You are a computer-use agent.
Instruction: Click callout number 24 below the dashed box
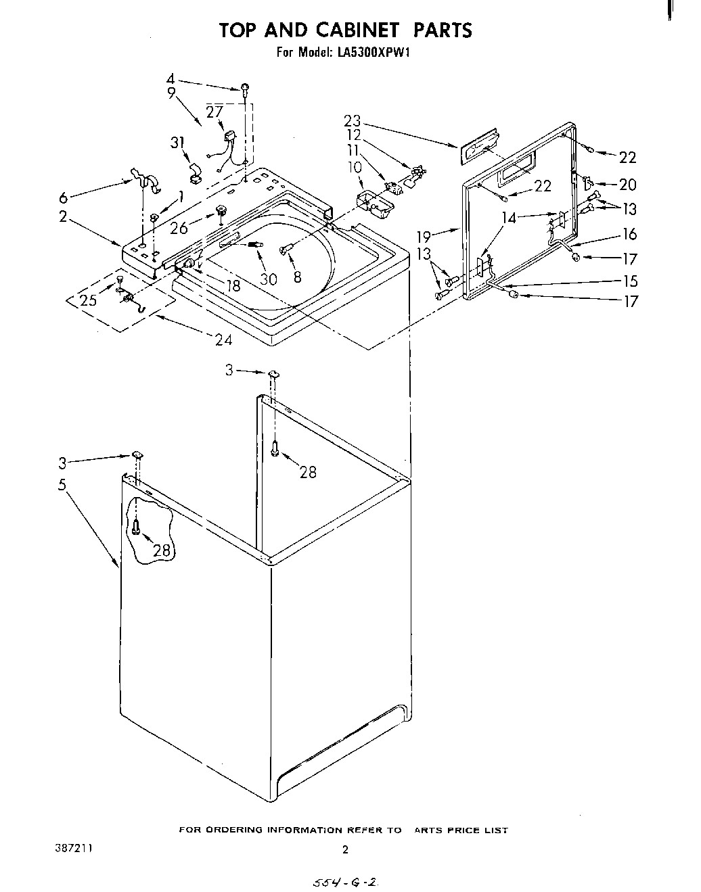[x=223, y=339]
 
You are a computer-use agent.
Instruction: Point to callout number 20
[x=627, y=185]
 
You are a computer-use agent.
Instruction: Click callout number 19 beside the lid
[x=424, y=236]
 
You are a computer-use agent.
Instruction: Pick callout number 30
[x=268, y=279]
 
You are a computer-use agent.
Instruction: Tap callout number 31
[x=178, y=143]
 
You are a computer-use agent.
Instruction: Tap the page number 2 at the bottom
[x=345, y=851]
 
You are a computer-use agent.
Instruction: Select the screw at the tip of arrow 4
[x=245, y=88]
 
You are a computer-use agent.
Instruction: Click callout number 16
[x=629, y=234]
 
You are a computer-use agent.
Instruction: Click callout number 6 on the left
[x=64, y=197]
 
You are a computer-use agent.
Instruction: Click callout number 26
[x=179, y=229]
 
